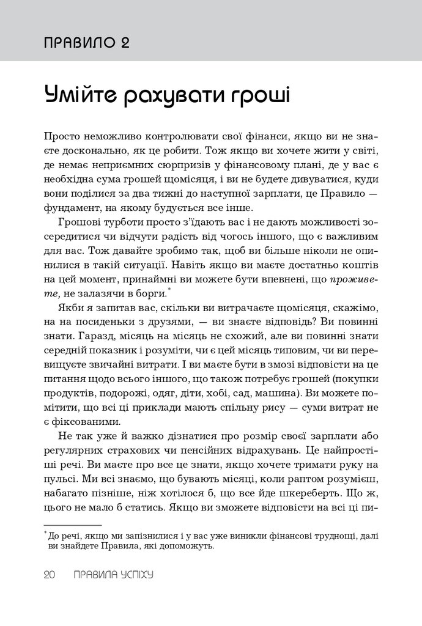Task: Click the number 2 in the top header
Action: coord(123,42)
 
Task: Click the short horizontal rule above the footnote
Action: coord(73,525)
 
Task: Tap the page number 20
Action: coord(50,575)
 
